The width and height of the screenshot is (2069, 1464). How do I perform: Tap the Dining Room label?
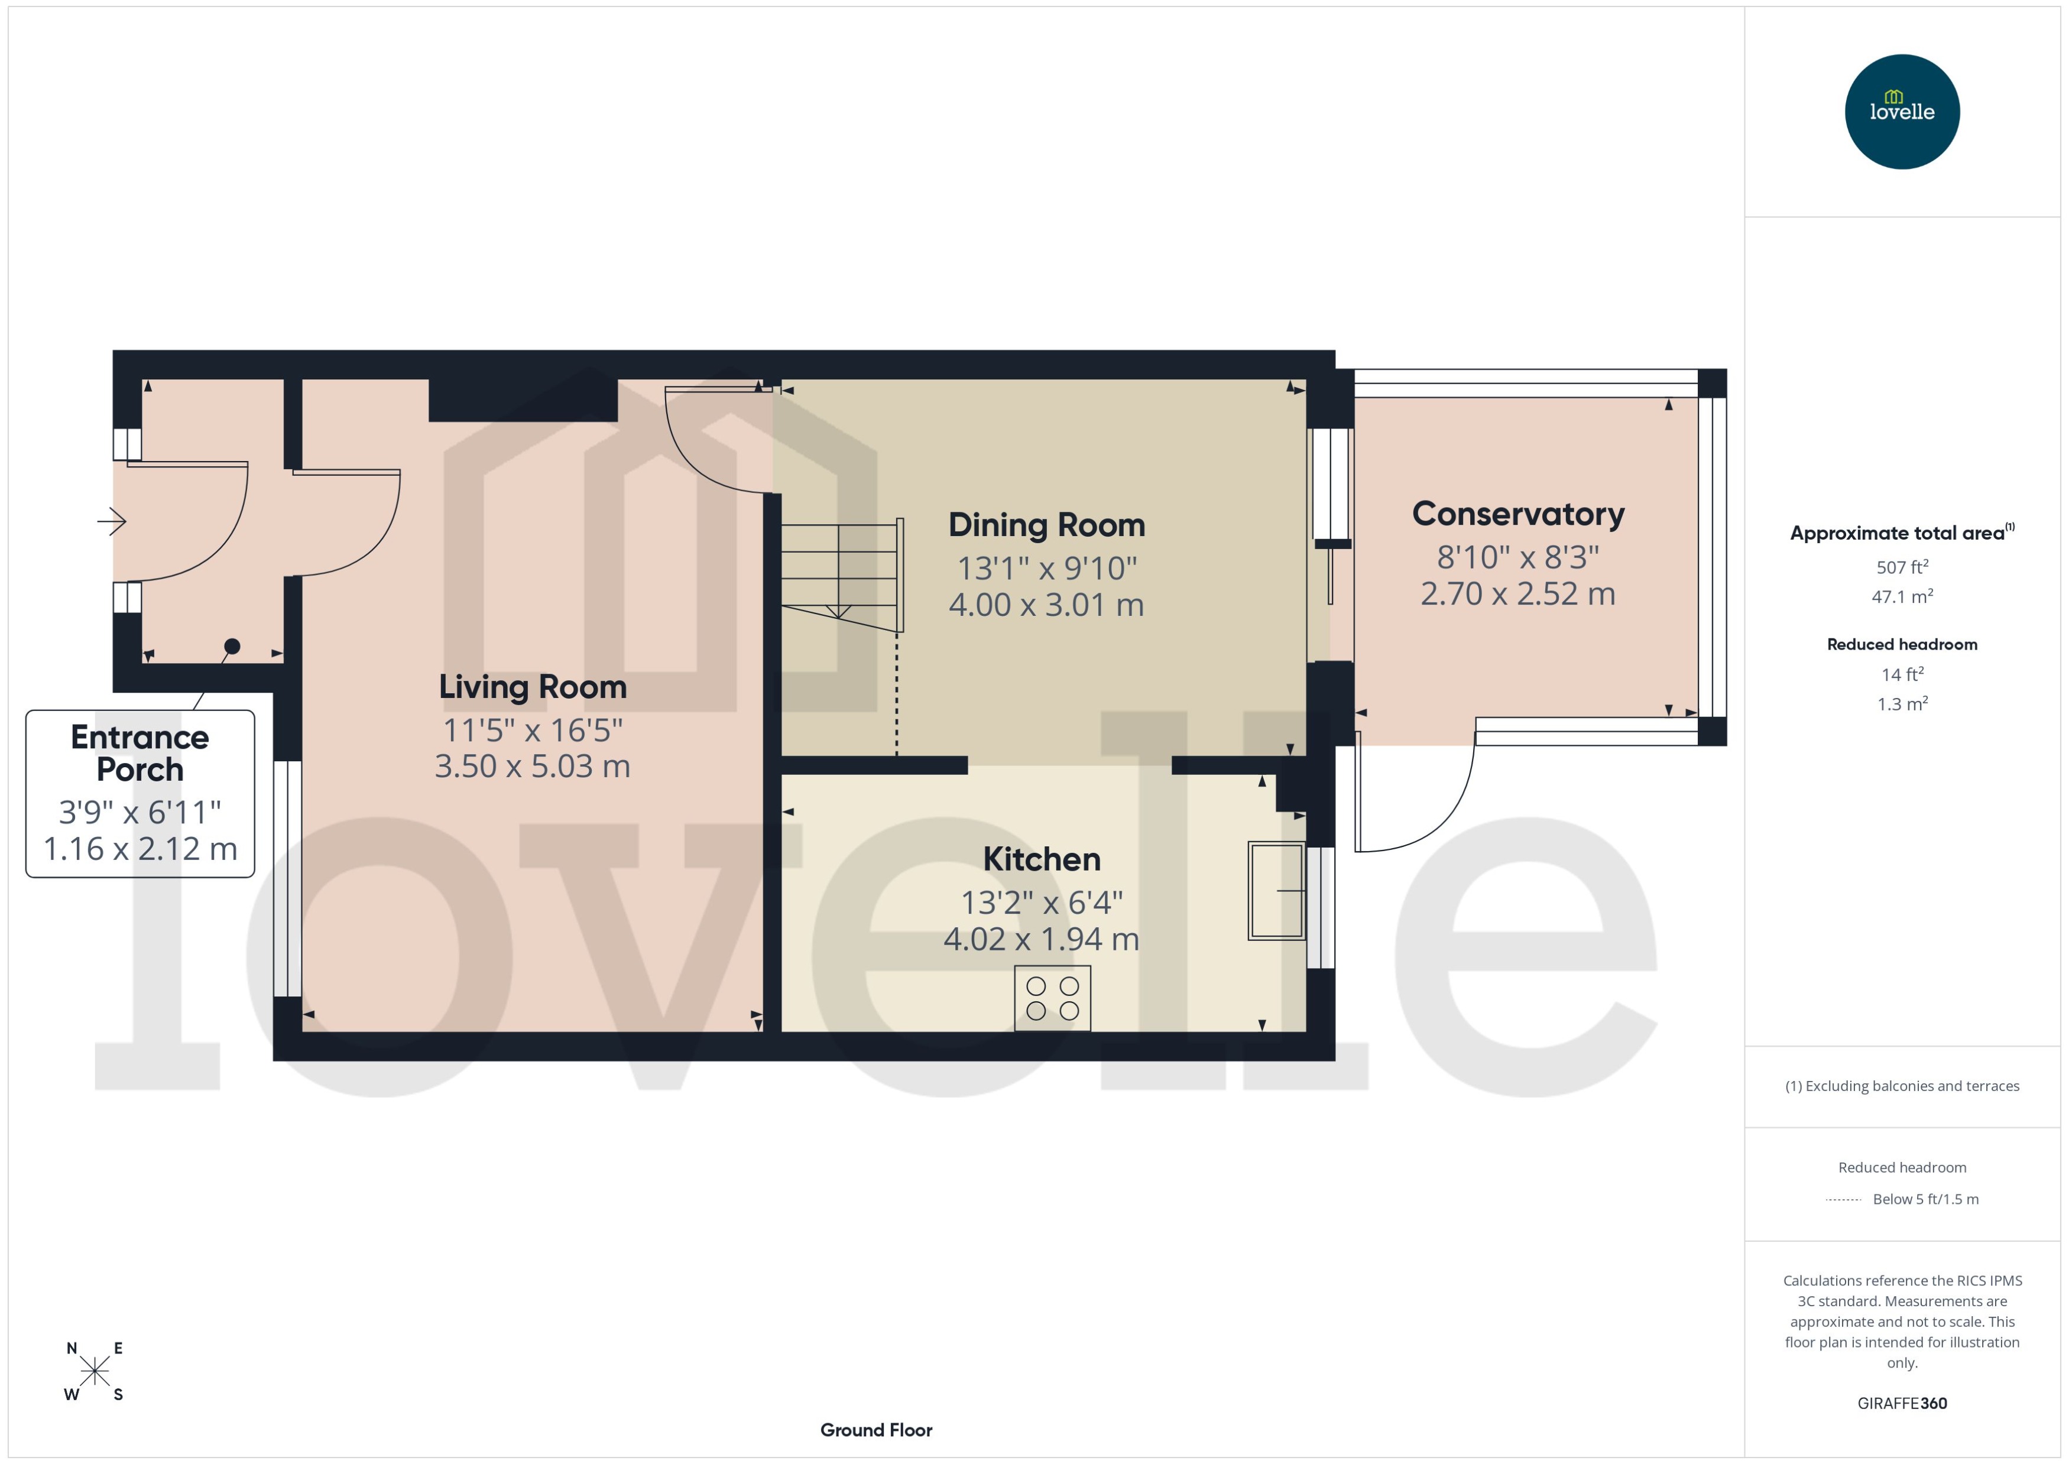point(1046,525)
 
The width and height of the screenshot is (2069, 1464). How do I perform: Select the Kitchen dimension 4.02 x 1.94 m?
point(1040,939)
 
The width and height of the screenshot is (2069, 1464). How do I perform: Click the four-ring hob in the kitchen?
point(1052,998)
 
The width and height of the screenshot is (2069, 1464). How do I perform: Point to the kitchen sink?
point(1276,891)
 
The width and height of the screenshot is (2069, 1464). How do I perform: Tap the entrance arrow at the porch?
point(112,521)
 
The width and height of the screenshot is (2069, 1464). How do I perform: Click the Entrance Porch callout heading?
point(140,754)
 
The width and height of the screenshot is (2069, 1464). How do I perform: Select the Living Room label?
point(532,687)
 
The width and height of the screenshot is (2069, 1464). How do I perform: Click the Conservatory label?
point(1517,514)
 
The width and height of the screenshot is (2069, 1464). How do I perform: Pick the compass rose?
point(94,1371)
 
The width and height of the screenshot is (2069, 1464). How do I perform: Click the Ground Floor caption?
point(875,1430)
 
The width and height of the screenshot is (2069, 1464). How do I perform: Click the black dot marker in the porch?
point(232,645)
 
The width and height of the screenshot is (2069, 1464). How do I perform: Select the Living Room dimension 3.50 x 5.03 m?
point(532,766)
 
